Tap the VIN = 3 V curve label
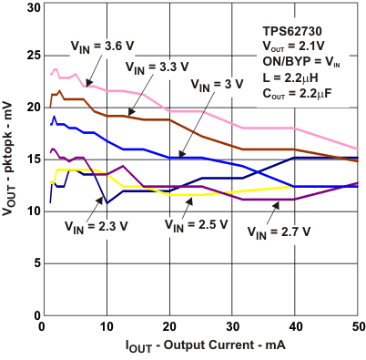click(217, 84)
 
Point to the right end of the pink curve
click(357, 149)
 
